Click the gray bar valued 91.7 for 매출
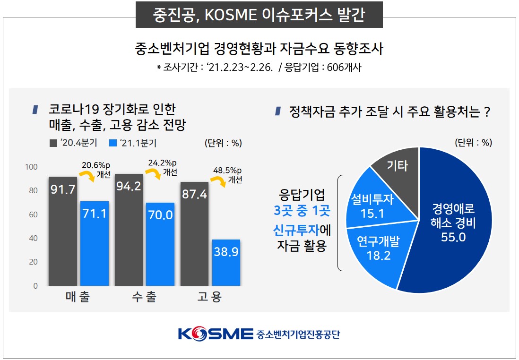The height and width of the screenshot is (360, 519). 62,231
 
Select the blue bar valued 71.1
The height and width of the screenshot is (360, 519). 94,243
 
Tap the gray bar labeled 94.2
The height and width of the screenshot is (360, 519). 129,230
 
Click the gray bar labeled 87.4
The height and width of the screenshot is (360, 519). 194,234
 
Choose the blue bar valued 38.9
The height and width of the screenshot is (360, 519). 226,263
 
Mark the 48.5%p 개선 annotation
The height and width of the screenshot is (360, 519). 229,175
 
